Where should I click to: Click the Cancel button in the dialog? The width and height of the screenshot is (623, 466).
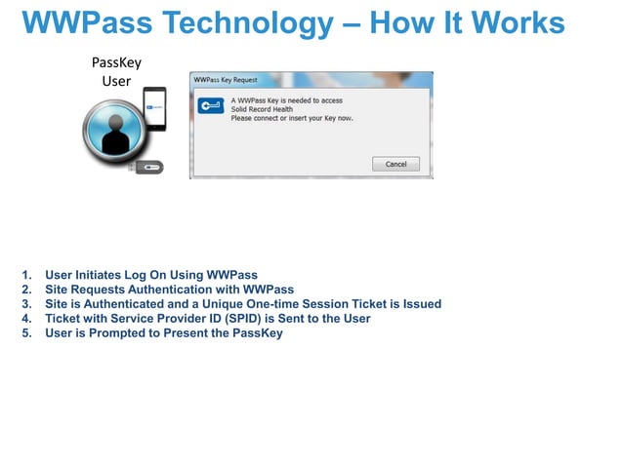click(x=395, y=164)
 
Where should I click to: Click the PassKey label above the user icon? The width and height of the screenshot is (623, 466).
click(x=116, y=62)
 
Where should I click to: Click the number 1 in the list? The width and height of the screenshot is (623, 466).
click(x=25, y=275)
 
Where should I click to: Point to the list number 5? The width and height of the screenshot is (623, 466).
click(x=25, y=333)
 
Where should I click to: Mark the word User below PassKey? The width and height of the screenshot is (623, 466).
click(x=116, y=80)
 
